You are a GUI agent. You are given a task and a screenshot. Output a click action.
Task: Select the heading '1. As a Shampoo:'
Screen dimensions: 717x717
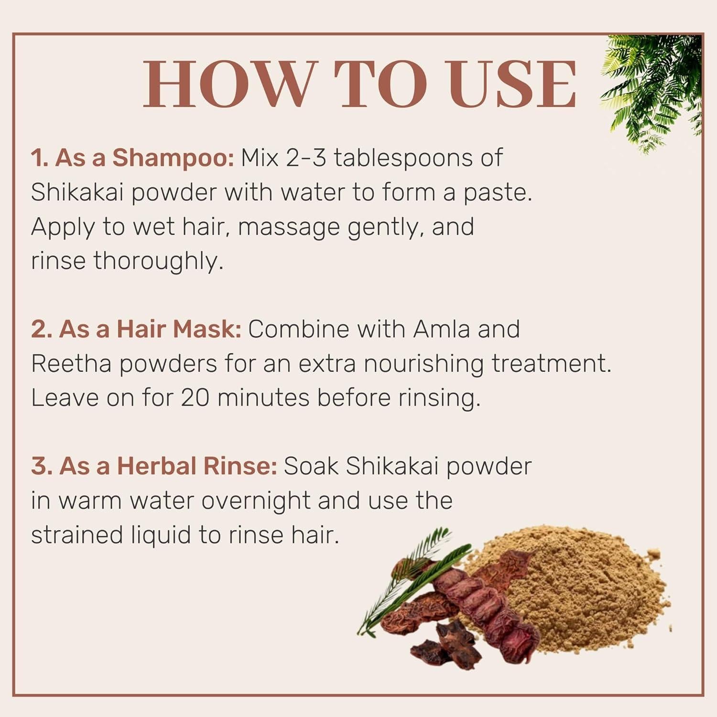(x=132, y=158)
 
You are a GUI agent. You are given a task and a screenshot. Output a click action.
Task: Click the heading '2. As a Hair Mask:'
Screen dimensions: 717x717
(x=136, y=329)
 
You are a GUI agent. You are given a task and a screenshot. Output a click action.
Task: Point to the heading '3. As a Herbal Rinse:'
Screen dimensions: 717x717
(x=154, y=466)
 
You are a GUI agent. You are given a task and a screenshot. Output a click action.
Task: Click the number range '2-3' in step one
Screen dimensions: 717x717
(x=306, y=158)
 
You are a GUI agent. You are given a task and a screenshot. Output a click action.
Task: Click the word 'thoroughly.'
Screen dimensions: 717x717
(x=158, y=261)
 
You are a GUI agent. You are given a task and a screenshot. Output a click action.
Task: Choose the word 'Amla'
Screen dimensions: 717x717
(x=441, y=329)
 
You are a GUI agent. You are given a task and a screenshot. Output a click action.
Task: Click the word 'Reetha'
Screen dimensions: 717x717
(x=71, y=364)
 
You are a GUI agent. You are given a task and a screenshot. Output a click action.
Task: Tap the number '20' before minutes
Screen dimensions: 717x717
(x=195, y=398)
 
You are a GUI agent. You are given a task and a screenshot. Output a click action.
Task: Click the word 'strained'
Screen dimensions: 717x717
(x=77, y=535)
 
